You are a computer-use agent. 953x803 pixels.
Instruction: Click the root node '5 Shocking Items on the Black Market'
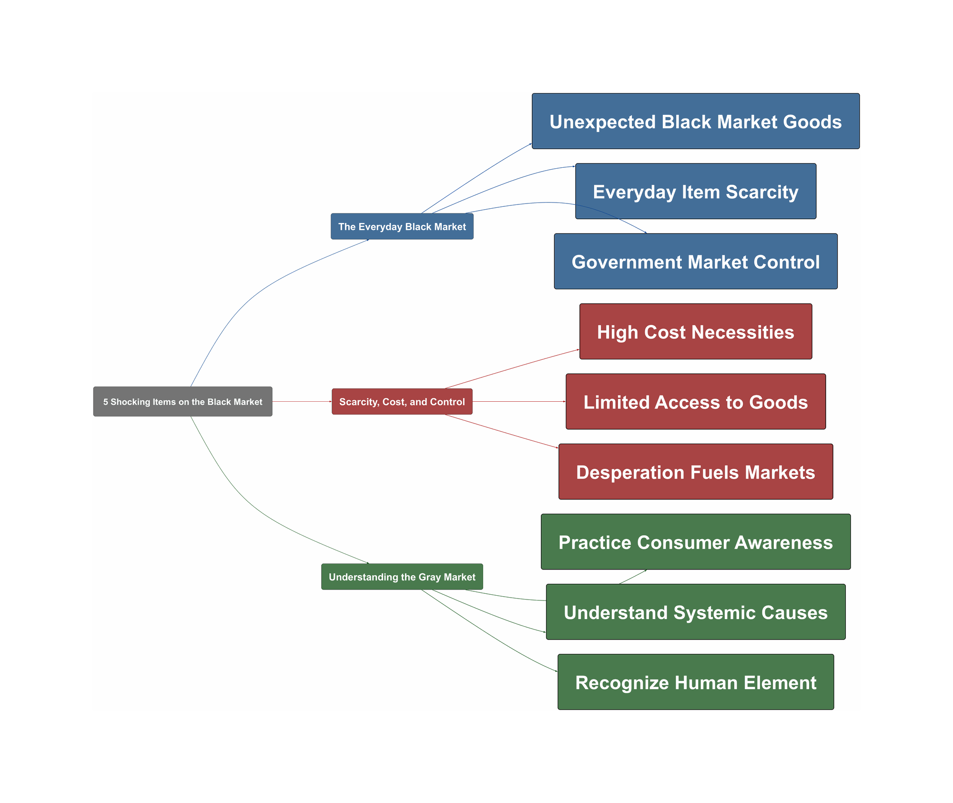click(x=182, y=402)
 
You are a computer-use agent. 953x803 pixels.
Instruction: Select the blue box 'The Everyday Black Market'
click(x=402, y=226)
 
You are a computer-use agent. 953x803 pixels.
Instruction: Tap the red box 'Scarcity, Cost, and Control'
click(x=402, y=402)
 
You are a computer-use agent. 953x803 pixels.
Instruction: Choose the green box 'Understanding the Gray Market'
click(x=402, y=577)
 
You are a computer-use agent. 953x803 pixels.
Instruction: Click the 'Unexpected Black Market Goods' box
click(x=695, y=122)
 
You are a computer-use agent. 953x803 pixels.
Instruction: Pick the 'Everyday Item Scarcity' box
click(x=695, y=192)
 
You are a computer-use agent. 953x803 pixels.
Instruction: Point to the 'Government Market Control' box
click(x=695, y=262)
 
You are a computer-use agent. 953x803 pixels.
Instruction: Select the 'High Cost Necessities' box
click(x=695, y=332)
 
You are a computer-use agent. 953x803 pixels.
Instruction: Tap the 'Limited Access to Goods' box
click(x=695, y=402)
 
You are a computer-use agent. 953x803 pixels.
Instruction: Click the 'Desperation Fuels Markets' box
click(x=695, y=472)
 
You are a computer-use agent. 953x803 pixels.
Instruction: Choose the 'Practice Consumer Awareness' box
click(x=695, y=542)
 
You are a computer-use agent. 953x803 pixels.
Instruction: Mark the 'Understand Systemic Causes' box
click(x=695, y=612)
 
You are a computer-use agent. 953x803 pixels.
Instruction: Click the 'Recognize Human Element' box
click(x=695, y=682)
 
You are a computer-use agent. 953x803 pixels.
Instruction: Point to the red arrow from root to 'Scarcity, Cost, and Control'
click(x=302, y=402)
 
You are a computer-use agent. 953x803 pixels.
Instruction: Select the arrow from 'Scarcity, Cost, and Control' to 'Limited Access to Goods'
click(x=519, y=402)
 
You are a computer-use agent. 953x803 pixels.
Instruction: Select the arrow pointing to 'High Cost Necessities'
click(x=512, y=369)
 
